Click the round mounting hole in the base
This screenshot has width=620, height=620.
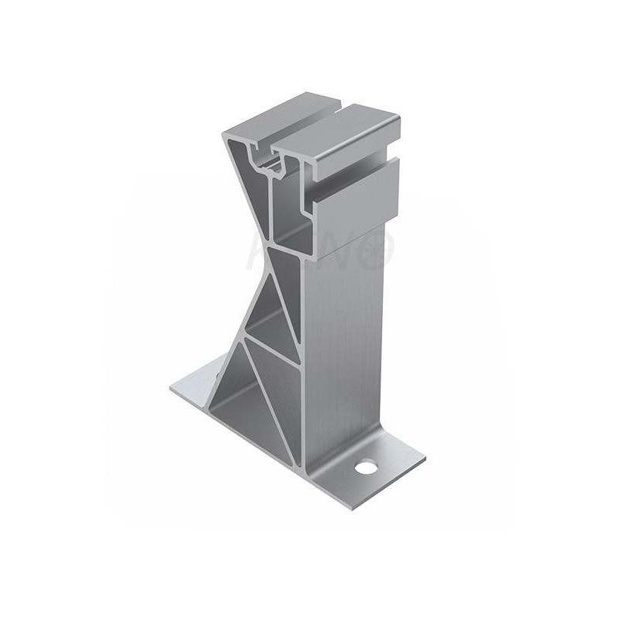[363, 467]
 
